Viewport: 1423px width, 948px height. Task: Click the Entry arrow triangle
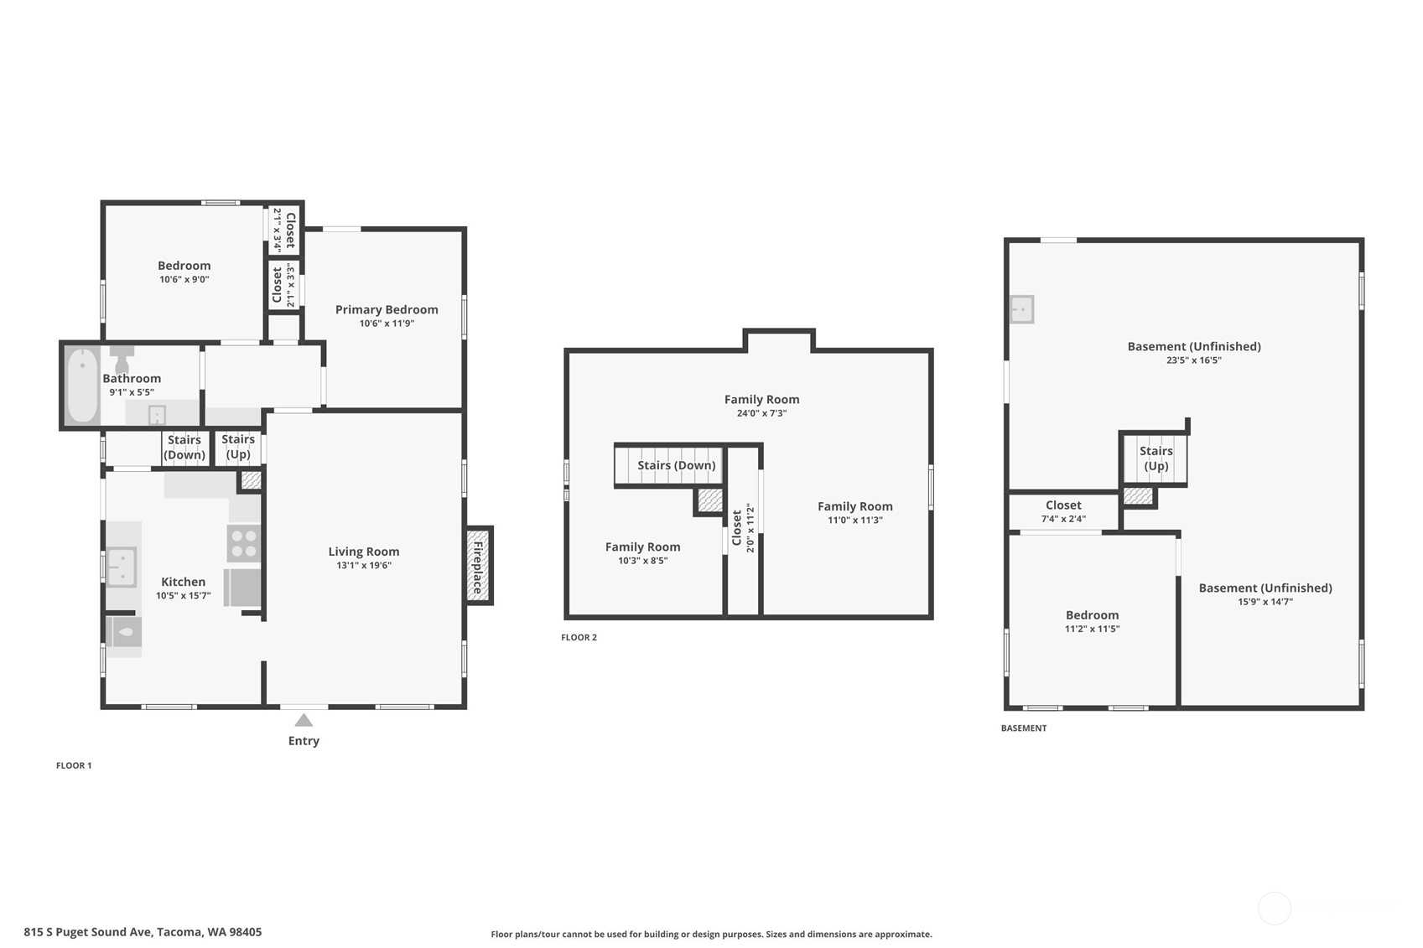[x=304, y=720]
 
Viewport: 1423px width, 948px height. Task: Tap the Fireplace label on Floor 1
[x=478, y=567]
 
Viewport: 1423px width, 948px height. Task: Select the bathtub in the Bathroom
[x=82, y=385]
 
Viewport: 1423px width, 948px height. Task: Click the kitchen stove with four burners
[x=244, y=543]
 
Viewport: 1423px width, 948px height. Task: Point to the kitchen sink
[x=122, y=567]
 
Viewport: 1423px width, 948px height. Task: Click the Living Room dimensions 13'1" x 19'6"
[x=364, y=565]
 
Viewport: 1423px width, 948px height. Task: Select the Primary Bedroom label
[x=387, y=309]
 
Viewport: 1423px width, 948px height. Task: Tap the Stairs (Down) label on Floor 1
[x=184, y=447]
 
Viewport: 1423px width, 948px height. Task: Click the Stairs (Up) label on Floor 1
[x=238, y=447]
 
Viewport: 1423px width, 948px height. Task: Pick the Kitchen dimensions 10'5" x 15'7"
[x=183, y=596]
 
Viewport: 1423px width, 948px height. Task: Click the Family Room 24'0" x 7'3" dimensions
[x=761, y=413]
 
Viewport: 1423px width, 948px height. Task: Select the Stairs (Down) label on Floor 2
[x=677, y=465]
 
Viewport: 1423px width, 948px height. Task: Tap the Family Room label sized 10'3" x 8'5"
[x=643, y=547]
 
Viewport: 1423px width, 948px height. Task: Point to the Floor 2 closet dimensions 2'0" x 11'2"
[x=750, y=528]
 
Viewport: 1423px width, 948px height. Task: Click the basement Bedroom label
[x=1092, y=615]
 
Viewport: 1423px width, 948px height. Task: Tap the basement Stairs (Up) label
[x=1156, y=458]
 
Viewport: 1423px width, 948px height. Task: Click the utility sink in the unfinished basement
[x=1022, y=309]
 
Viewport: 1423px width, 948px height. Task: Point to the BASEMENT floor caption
[x=1023, y=728]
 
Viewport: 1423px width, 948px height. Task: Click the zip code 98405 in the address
[x=245, y=932]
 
